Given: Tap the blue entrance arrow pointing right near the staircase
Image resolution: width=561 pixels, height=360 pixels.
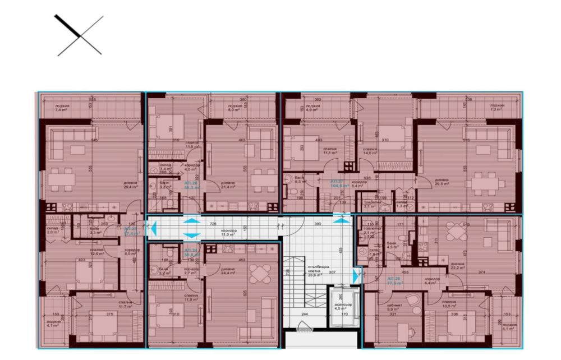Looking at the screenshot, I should pyautogui.click(x=356, y=275).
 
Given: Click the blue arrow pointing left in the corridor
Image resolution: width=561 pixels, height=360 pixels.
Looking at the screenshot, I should pyautogui.click(x=154, y=227).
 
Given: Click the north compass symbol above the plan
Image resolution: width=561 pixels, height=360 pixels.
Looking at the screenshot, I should pyautogui.click(x=79, y=35).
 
